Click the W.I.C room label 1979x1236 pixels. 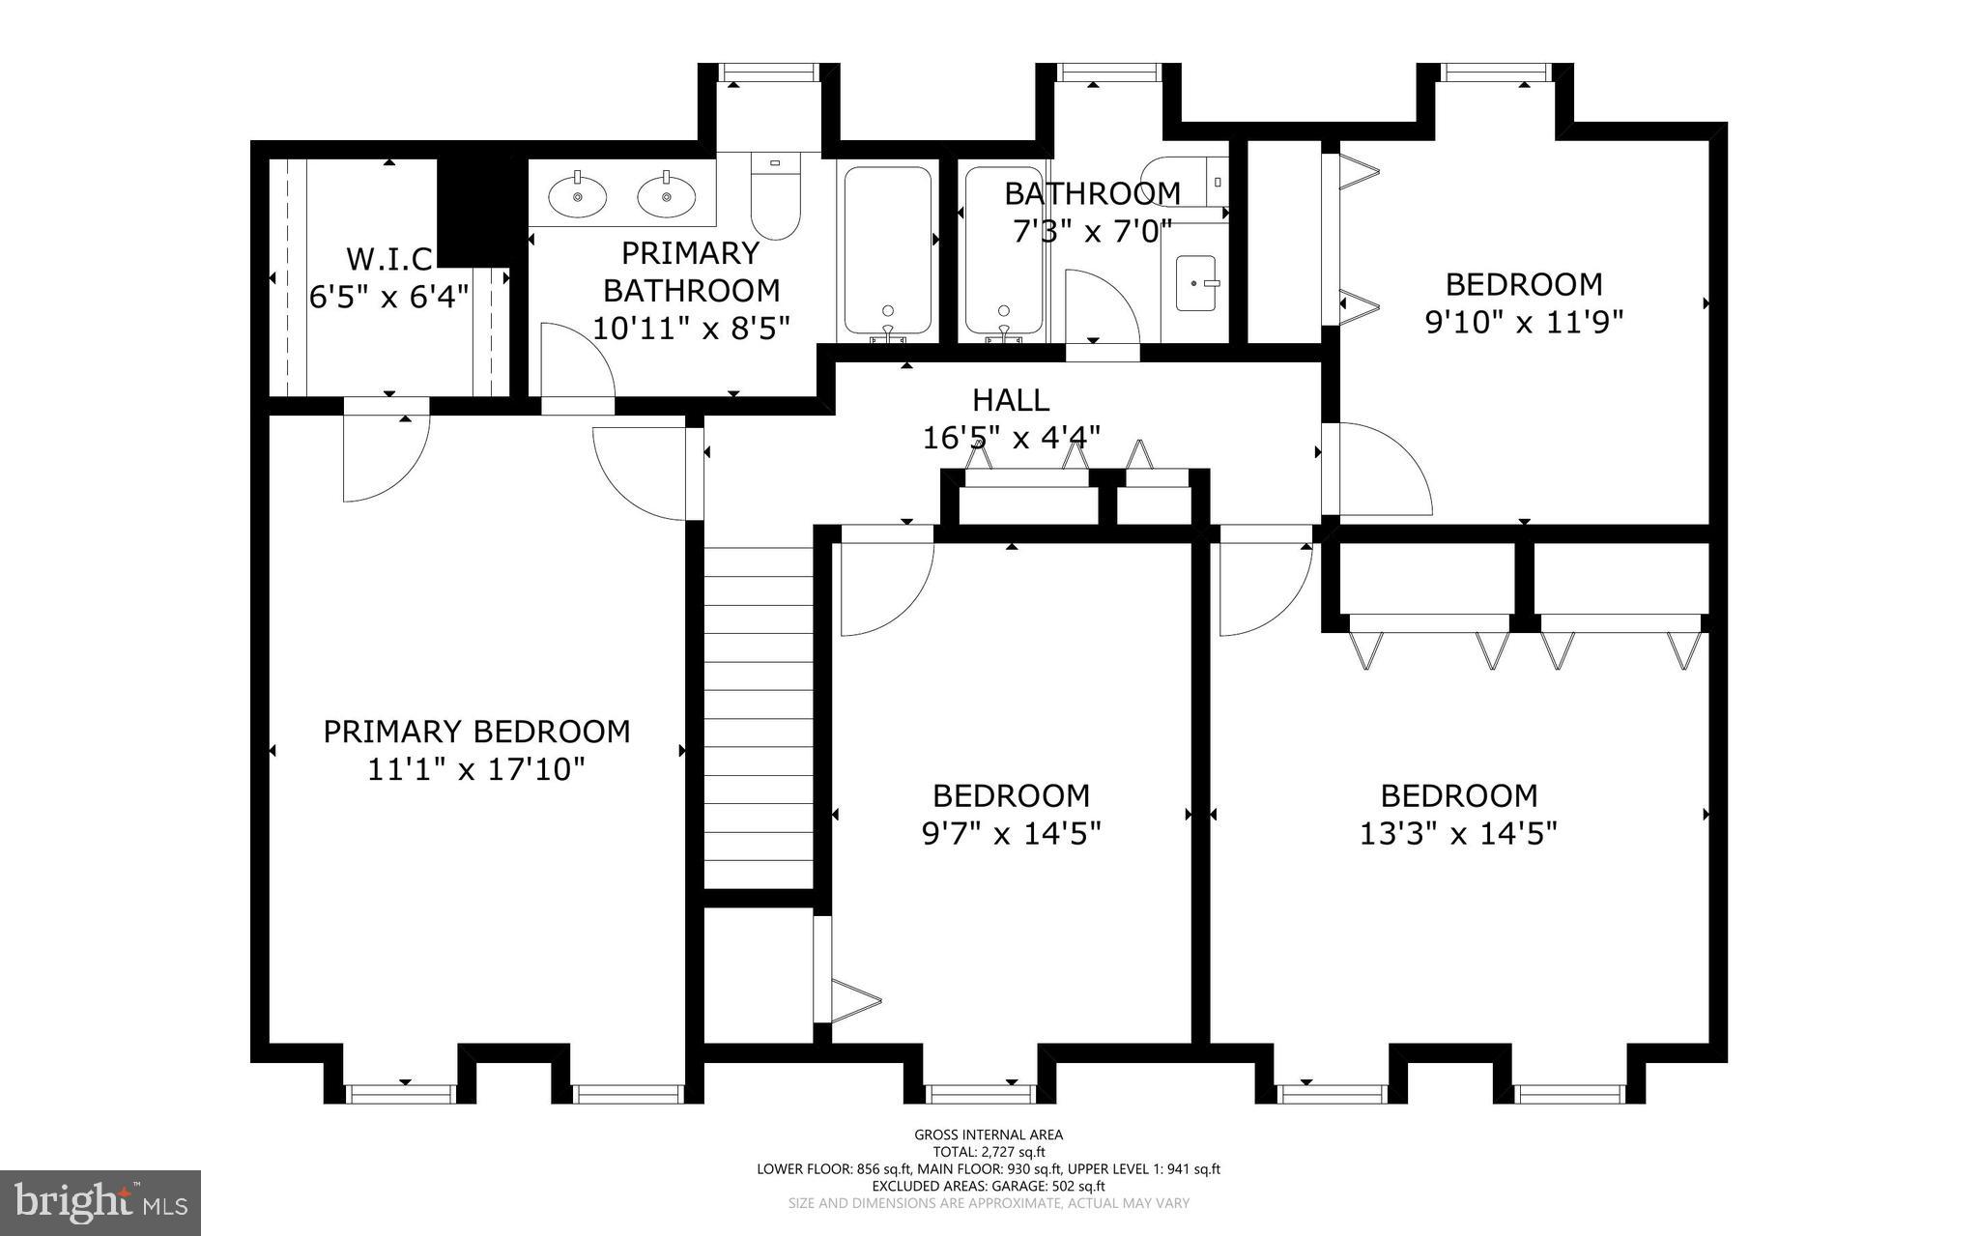click(389, 259)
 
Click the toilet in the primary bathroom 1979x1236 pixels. click(777, 196)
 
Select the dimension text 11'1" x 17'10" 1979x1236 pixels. click(476, 770)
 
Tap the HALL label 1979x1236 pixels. click(1011, 399)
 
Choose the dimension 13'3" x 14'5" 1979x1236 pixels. click(1458, 833)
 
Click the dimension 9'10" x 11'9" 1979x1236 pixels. click(1524, 322)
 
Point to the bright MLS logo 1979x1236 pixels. click(100, 1202)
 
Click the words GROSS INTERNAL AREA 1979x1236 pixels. click(989, 1135)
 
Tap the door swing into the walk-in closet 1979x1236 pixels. click(383, 459)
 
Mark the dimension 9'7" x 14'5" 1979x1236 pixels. click(1011, 833)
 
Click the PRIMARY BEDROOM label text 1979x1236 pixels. click(476, 732)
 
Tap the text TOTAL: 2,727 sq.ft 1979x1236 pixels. click(989, 1152)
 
